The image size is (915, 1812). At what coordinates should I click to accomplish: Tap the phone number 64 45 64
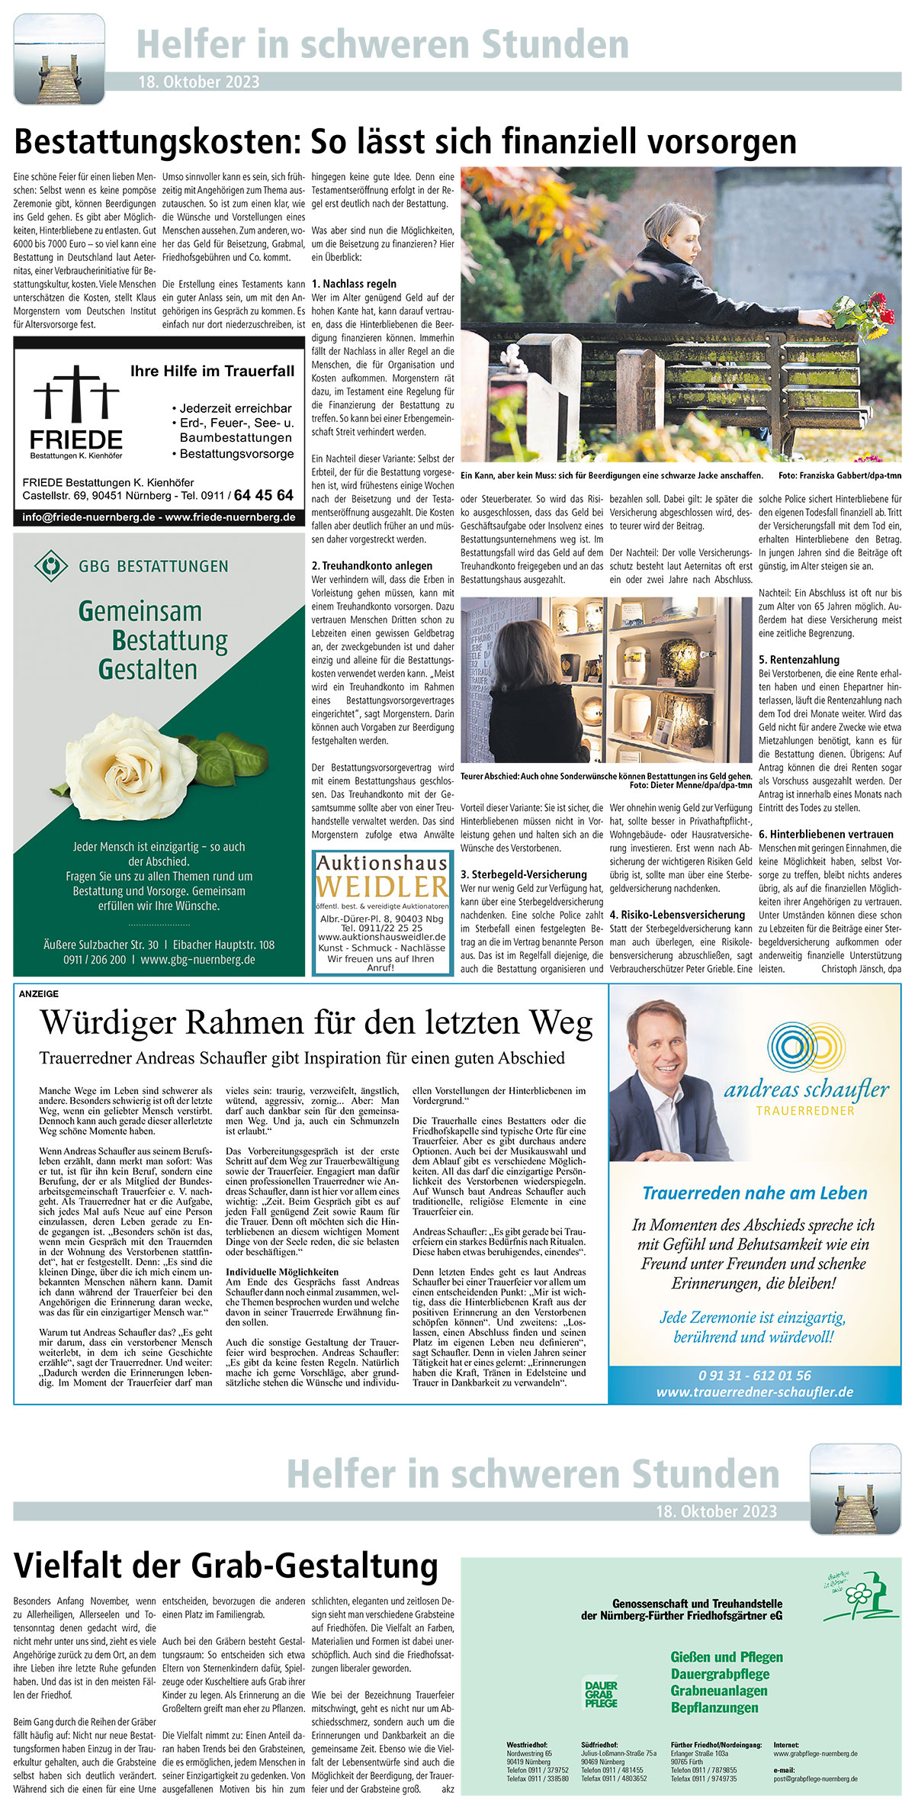[x=263, y=496]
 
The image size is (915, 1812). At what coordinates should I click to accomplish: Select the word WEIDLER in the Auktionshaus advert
[x=382, y=887]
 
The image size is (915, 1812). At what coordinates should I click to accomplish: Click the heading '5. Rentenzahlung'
[x=798, y=659]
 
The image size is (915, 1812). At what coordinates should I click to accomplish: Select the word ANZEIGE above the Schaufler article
[x=38, y=994]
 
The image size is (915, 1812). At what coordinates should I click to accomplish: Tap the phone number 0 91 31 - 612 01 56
[x=754, y=1375]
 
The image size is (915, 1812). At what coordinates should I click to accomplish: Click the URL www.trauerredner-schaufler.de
[x=754, y=1392]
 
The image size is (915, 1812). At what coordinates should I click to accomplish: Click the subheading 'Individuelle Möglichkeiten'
[x=281, y=1272]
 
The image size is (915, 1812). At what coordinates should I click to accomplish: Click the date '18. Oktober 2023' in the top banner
[x=198, y=82]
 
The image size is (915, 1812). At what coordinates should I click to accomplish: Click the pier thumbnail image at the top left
[x=59, y=60]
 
